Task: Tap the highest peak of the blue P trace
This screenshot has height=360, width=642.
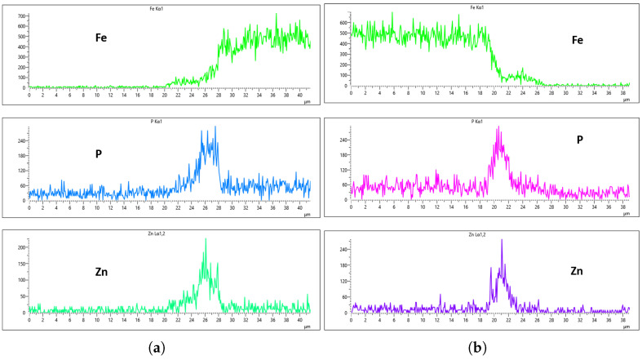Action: [x=215, y=127]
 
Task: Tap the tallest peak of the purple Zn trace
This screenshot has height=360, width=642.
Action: [x=502, y=240]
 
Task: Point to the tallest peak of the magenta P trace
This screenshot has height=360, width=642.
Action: [x=498, y=127]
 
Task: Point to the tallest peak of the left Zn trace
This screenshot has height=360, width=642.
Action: [x=206, y=239]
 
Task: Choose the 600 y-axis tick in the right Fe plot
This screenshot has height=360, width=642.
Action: [x=342, y=23]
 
